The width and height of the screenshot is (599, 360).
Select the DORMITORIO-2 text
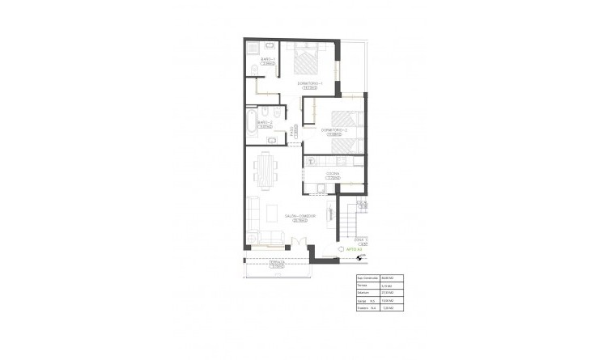point(334,129)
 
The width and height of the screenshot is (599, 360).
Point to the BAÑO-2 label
point(263,122)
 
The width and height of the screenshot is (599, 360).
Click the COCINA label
point(333,174)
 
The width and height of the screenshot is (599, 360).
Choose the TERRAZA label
point(276,263)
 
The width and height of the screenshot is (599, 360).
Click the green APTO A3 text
point(352,250)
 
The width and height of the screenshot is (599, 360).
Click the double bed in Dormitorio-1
point(309,61)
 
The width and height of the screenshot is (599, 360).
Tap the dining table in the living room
point(265,170)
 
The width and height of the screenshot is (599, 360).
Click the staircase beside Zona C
point(347,219)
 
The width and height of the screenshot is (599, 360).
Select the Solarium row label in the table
point(363,292)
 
